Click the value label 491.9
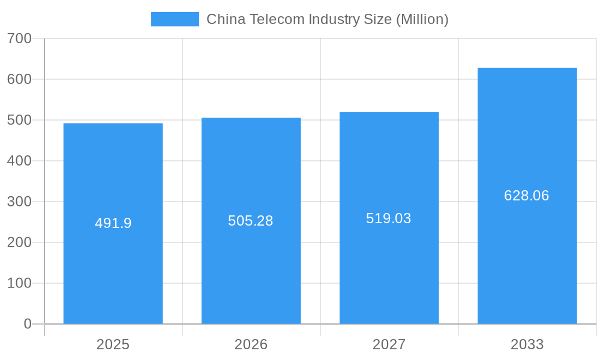click(x=113, y=223)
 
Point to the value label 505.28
click(x=251, y=221)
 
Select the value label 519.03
click(x=389, y=218)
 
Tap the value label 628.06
click(x=527, y=196)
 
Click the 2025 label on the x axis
click(x=113, y=344)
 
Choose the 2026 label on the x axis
click(x=251, y=344)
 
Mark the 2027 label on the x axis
click(x=389, y=344)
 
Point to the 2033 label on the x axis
click(x=527, y=344)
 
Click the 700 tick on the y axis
click(x=19, y=38)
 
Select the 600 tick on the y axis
click(x=19, y=79)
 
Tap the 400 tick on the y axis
click(x=19, y=161)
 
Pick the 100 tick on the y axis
click(x=19, y=283)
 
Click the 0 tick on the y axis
click(x=28, y=324)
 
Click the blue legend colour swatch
click(x=175, y=19)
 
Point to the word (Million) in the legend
click(x=422, y=19)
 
